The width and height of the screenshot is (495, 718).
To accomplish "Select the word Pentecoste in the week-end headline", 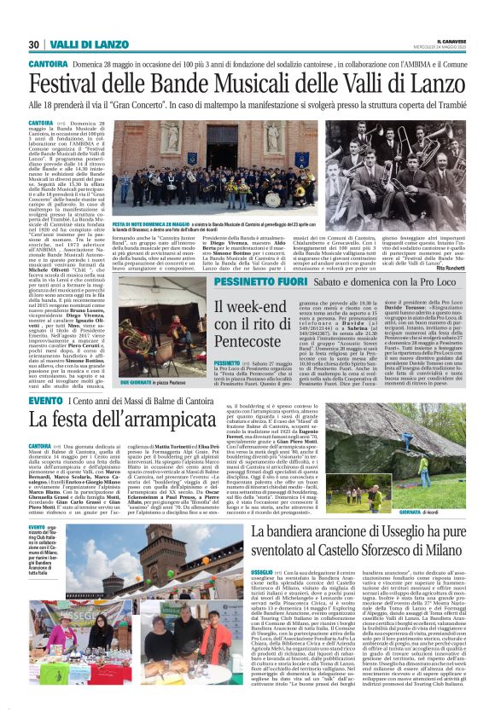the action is pos(253,340).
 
